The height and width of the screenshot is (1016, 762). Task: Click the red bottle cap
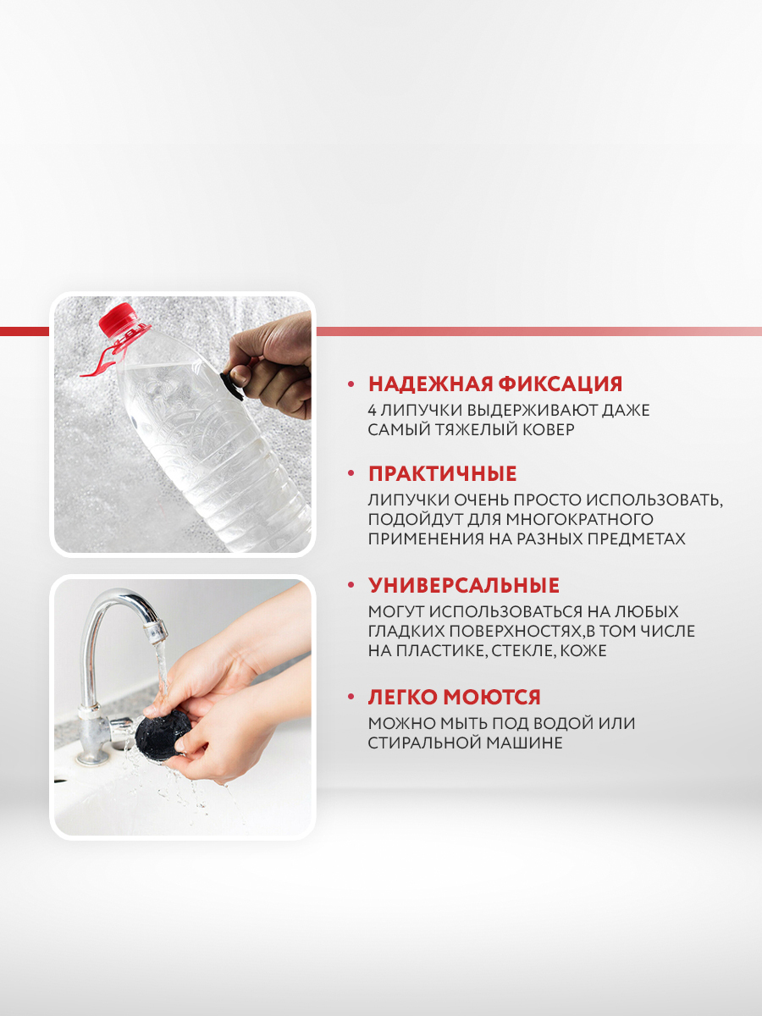pos(117,318)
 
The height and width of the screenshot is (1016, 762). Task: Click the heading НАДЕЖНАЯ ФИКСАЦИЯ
pos(495,384)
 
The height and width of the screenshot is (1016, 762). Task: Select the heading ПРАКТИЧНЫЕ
pos(442,473)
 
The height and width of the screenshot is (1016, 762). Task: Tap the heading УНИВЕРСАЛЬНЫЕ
pos(464,586)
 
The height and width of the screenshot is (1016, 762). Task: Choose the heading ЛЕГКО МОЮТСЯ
pos(455,697)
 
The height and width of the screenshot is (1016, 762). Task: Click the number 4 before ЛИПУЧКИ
pos(373,410)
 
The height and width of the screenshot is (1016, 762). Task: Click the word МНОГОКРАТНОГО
pos(579,519)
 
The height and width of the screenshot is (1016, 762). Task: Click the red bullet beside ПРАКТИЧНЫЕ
pos(351,473)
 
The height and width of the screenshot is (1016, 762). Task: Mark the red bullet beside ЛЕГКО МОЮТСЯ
pos(351,697)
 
